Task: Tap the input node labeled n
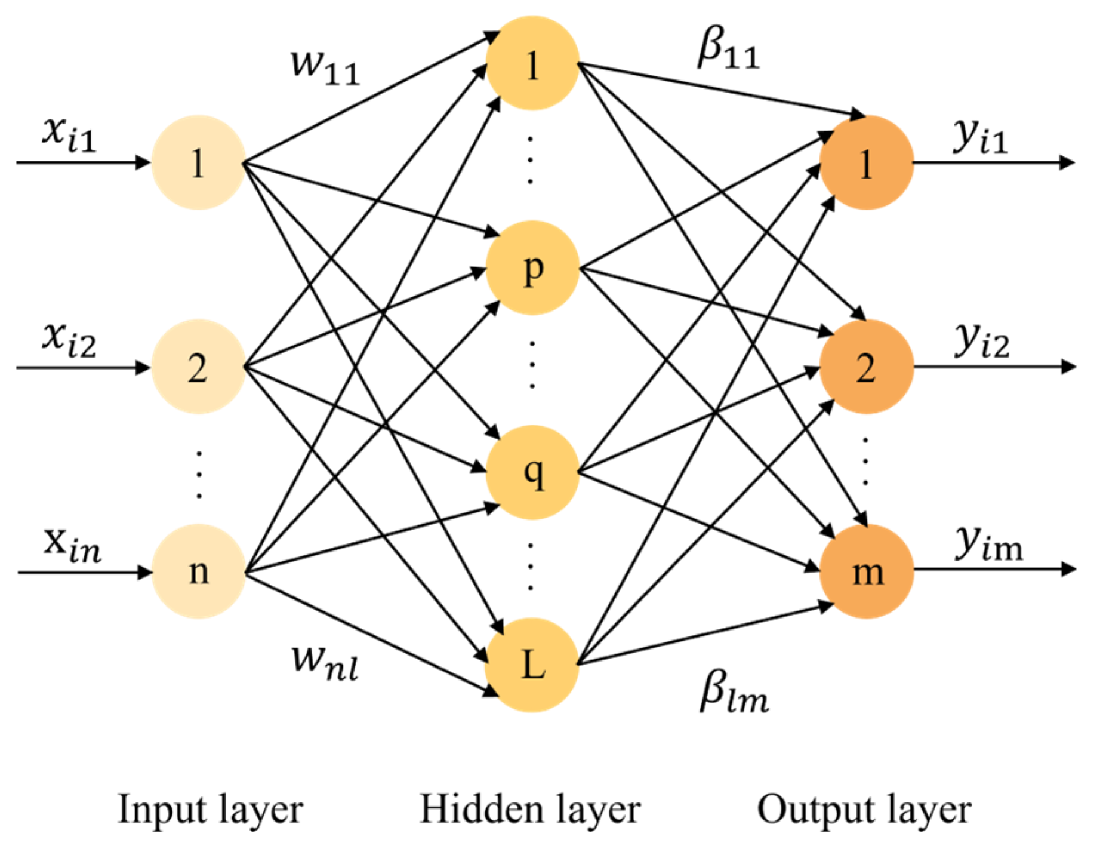(x=198, y=571)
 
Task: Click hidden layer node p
(x=532, y=268)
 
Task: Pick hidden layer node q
(x=532, y=472)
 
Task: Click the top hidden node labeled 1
(x=532, y=64)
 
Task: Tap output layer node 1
(x=866, y=162)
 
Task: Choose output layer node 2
(x=866, y=367)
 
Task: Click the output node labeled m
(x=866, y=571)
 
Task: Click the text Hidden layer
(x=530, y=810)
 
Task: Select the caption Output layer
(x=864, y=810)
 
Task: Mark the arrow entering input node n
(x=84, y=573)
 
